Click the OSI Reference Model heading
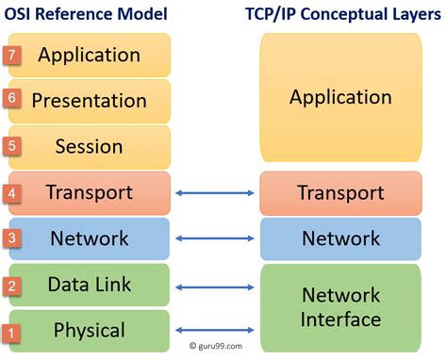86,14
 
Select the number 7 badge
11,54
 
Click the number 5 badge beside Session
11,146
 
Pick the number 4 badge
11,192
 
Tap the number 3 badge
11,238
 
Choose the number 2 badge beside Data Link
11,286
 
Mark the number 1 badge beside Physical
11,332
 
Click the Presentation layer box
90,100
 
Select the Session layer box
90,147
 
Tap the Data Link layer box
90,285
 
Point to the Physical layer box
90,331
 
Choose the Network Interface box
340,306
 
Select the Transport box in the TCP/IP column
340,192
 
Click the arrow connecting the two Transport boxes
215,193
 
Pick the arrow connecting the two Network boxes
215,239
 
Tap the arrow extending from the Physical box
215,330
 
